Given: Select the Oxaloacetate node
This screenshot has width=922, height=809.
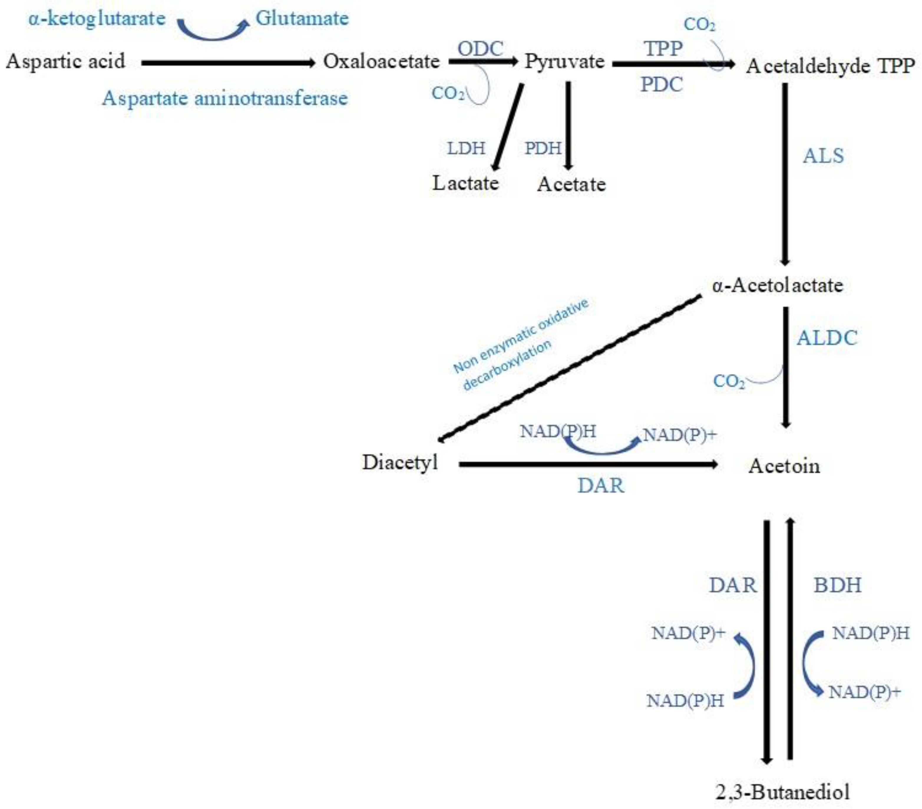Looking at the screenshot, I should tap(381, 61).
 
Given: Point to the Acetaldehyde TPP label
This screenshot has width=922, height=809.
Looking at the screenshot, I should tap(830, 66).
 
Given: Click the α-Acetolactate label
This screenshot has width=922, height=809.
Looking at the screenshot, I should tap(777, 285).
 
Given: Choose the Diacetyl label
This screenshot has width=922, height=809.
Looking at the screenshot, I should tap(400, 462).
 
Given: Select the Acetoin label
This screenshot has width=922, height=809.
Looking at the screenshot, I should tap(784, 466).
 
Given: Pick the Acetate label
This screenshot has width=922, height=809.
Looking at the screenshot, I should tap(571, 184).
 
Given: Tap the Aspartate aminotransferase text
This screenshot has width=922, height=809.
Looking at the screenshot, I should tap(225, 98).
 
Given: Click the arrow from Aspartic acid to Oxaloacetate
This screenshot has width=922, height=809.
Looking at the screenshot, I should tap(228, 63).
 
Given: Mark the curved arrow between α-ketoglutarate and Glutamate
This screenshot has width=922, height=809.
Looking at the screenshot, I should tap(212, 31).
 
